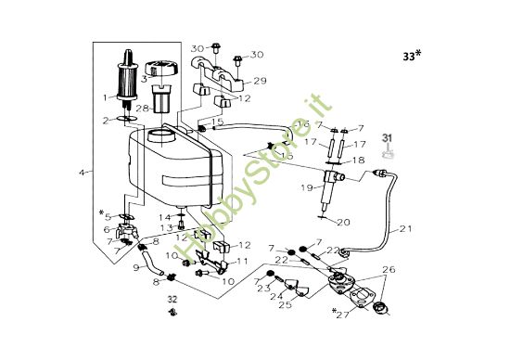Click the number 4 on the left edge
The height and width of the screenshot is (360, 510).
click(x=83, y=173)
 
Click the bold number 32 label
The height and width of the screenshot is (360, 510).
click(x=172, y=300)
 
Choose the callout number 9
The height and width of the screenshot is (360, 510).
click(x=135, y=268)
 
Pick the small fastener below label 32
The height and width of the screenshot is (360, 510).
click(x=172, y=315)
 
